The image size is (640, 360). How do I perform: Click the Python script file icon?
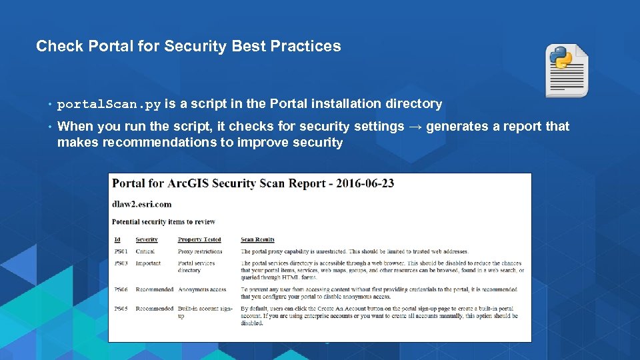point(567,71)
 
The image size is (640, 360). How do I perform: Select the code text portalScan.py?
point(109,104)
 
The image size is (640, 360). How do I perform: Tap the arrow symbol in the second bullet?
point(415,126)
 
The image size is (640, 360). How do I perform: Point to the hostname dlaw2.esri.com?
point(141,204)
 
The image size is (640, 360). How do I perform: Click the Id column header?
point(117,239)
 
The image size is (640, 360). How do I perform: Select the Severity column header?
point(147,239)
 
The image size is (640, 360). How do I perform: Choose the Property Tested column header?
point(199,239)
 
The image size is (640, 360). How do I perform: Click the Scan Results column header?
point(257,239)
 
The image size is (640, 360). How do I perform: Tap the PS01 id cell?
point(121,251)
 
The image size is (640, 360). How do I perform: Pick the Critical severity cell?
point(145,251)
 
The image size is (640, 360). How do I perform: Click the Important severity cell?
point(148,263)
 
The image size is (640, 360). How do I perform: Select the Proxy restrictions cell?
point(200,251)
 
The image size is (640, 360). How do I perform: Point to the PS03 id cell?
point(121,263)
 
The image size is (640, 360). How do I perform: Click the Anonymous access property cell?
point(202,290)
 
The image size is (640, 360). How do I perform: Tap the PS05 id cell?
point(121,309)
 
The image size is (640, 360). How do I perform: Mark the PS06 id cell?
point(121,290)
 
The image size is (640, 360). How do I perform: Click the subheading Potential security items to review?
point(163,222)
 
